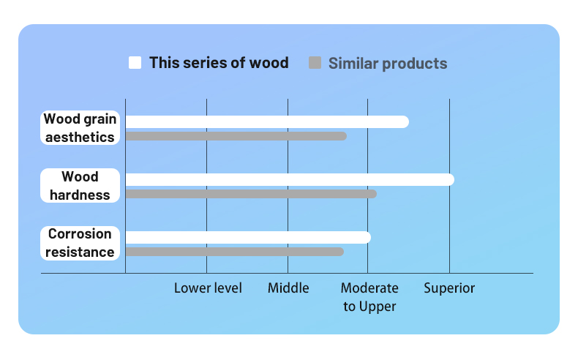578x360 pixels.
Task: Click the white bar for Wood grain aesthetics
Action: click(x=267, y=121)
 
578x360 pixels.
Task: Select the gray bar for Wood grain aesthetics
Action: click(x=236, y=136)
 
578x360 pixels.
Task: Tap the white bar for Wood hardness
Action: click(x=290, y=179)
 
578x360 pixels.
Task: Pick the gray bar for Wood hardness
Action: click(x=251, y=194)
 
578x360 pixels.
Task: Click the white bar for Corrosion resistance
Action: click(x=248, y=237)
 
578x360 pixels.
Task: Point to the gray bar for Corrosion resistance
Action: click(x=234, y=252)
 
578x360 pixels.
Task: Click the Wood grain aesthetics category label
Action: click(x=80, y=127)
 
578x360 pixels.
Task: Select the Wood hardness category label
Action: click(x=80, y=185)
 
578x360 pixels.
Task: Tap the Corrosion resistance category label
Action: click(x=80, y=243)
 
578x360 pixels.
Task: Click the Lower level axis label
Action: click(x=208, y=288)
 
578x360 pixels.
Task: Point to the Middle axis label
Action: click(x=288, y=288)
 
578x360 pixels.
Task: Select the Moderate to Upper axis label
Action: click(x=369, y=297)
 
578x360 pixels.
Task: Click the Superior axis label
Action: click(x=449, y=288)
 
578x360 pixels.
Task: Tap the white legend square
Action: click(x=135, y=63)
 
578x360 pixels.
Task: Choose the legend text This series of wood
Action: click(x=219, y=63)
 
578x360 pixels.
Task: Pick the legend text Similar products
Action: click(x=388, y=64)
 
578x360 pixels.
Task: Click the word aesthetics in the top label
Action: click(x=80, y=137)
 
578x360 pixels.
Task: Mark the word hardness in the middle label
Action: click(x=80, y=195)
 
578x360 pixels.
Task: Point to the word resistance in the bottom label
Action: click(x=80, y=252)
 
